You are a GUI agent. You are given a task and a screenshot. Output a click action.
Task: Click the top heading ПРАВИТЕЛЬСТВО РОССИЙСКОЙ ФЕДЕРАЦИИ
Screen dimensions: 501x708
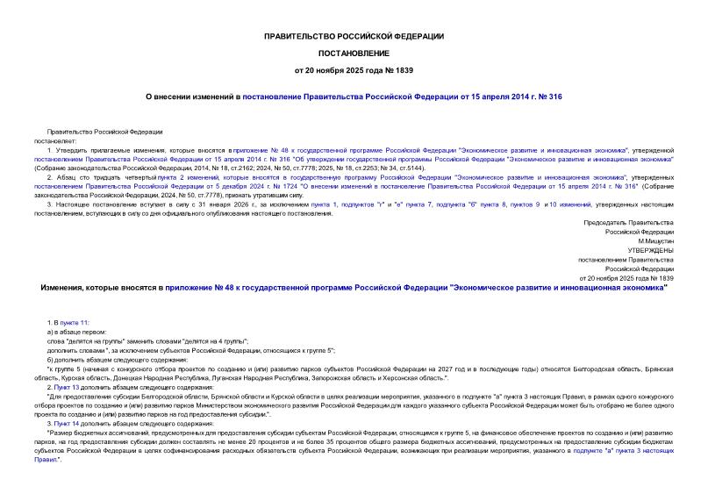tap(354, 36)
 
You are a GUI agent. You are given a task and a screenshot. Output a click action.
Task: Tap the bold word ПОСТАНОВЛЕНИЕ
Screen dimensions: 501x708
tap(354, 52)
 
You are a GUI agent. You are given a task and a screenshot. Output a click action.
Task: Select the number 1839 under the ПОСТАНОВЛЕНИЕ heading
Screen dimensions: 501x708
tap(404, 68)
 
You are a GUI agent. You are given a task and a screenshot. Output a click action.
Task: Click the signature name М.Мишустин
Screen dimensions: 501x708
tap(655, 240)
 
